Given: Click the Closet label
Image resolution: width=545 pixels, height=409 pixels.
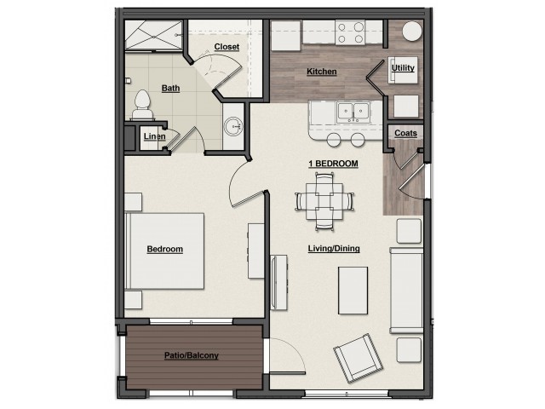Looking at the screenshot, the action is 227,47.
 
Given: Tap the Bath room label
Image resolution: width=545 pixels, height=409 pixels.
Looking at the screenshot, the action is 170,88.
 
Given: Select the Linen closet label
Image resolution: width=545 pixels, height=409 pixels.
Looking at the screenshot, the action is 155,136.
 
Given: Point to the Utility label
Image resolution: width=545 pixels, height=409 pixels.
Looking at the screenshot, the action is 403,68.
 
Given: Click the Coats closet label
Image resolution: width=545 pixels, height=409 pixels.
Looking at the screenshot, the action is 405,133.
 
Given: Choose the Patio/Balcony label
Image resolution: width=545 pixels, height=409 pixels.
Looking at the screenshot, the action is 192,355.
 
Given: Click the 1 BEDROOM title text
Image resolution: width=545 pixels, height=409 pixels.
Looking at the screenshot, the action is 333,164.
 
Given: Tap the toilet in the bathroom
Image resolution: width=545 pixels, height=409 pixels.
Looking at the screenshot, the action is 142,105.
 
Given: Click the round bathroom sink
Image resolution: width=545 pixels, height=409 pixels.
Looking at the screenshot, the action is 233,126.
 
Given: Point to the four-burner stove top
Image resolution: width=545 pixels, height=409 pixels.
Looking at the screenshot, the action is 350,32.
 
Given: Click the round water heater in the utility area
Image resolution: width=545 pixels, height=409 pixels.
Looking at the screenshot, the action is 412,32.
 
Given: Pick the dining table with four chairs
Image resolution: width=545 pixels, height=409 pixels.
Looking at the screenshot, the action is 324,202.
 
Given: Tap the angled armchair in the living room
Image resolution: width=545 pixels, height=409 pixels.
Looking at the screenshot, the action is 359,358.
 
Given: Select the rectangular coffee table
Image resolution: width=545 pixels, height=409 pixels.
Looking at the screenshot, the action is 353,291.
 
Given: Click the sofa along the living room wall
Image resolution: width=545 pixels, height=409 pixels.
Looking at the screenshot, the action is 406,291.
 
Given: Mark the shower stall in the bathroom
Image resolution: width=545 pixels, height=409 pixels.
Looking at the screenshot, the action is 153,35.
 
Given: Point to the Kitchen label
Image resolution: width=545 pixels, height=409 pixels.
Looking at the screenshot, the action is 322,72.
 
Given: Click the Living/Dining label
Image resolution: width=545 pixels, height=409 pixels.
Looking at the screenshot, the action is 334,249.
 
